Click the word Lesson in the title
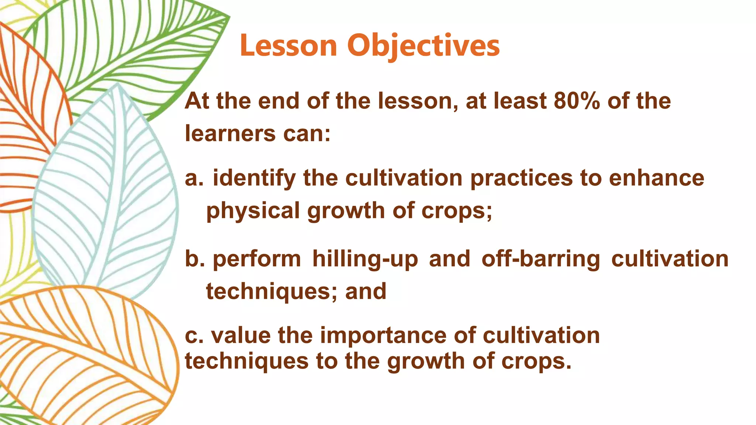tap(288, 46)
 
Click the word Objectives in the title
tap(423, 46)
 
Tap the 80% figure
tap(577, 101)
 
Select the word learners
tap(230, 134)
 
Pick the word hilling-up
tap(365, 259)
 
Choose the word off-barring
tap(541, 259)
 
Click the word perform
tap(257, 259)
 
